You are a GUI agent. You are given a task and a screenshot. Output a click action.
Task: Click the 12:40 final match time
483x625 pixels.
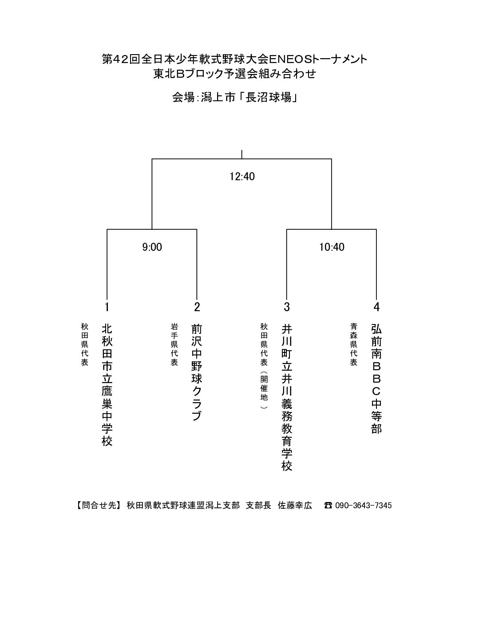[x=242, y=176]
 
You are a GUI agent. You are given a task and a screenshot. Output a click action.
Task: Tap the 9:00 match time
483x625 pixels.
[x=152, y=247]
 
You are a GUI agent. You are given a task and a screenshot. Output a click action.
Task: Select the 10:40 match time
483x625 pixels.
[x=332, y=247]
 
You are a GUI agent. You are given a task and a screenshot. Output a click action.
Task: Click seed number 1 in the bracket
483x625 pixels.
[x=107, y=307]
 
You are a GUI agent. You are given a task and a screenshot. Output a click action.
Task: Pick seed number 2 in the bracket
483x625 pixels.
[x=197, y=307]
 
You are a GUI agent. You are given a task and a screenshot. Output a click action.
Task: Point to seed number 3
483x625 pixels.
[x=286, y=307]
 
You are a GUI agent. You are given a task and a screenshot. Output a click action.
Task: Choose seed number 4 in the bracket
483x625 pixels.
[x=376, y=307]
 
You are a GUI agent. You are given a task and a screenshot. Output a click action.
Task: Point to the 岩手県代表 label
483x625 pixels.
[x=174, y=344]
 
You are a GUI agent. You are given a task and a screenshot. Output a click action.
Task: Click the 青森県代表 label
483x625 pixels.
[x=353, y=344]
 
